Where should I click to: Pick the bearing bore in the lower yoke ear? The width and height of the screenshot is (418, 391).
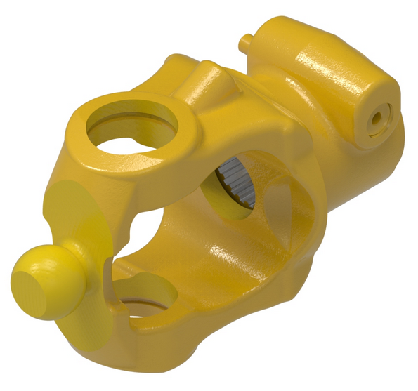(x=144, y=295)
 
